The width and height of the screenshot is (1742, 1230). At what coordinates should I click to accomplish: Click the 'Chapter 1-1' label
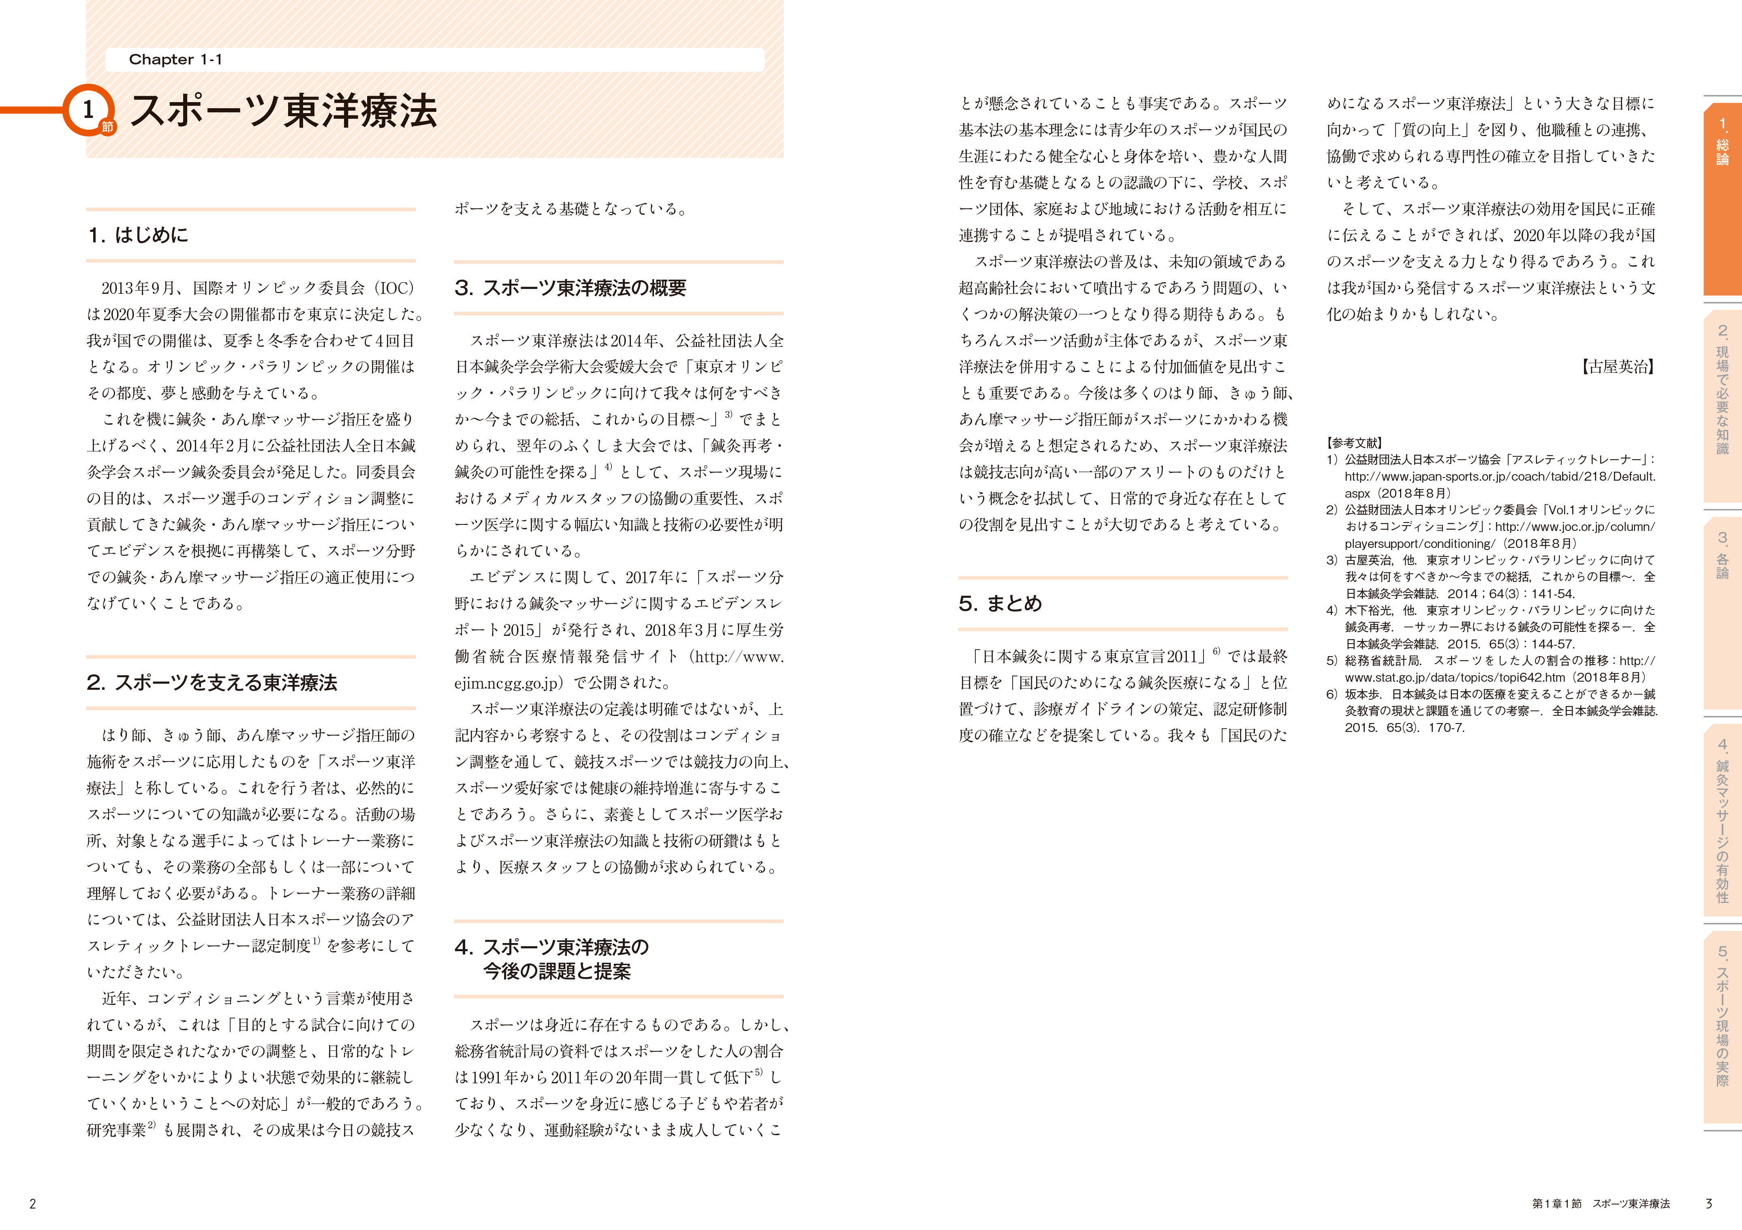point(175,59)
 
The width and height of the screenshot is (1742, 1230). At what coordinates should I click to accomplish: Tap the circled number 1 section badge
point(88,110)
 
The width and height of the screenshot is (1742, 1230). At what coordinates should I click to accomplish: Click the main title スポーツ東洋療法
point(284,111)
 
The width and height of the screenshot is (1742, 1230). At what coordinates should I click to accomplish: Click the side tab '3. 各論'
point(1722,556)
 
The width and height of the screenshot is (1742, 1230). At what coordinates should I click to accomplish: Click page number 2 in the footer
point(33,1203)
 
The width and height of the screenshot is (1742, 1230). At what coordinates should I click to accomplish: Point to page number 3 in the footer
point(1709,1203)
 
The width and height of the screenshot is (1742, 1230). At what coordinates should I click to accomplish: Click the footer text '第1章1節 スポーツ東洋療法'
point(1601,1203)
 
